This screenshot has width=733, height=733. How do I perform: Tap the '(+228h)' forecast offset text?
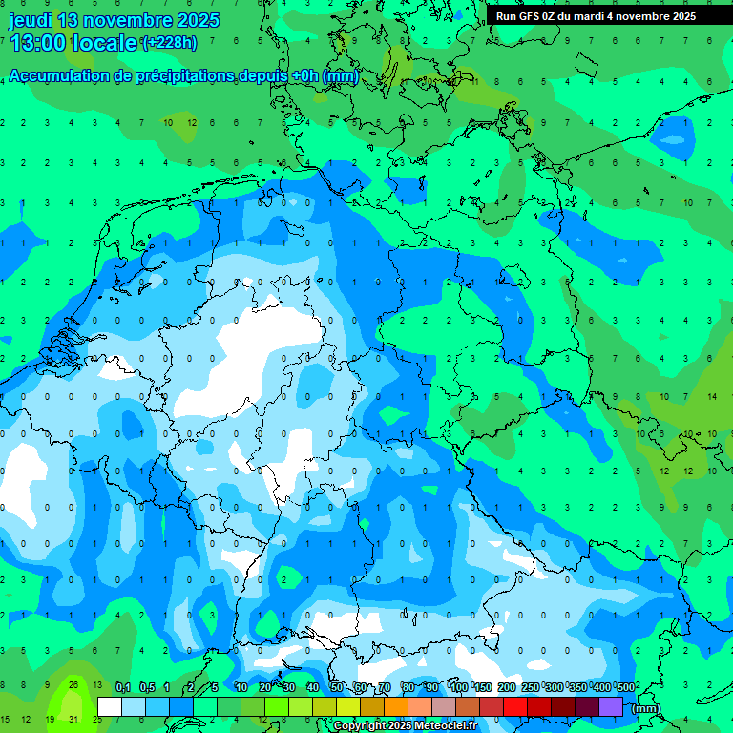(x=169, y=43)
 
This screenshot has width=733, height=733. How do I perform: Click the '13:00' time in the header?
(x=39, y=43)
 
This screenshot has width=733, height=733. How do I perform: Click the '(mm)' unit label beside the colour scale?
(x=646, y=708)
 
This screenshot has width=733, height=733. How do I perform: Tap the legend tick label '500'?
(x=626, y=687)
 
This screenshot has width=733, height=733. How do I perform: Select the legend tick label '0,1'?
(x=123, y=687)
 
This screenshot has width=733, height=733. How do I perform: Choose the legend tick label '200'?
(x=506, y=687)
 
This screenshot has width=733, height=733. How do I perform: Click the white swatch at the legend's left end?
(x=110, y=706)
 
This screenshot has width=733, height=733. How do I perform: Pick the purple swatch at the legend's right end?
(x=611, y=706)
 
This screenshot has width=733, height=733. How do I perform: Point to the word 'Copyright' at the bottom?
(x=359, y=726)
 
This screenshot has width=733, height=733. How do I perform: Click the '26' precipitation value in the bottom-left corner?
(x=73, y=684)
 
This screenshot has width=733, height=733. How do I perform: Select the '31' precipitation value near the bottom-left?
(x=73, y=719)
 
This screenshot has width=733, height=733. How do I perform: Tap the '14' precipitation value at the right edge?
(x=711, y=396)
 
